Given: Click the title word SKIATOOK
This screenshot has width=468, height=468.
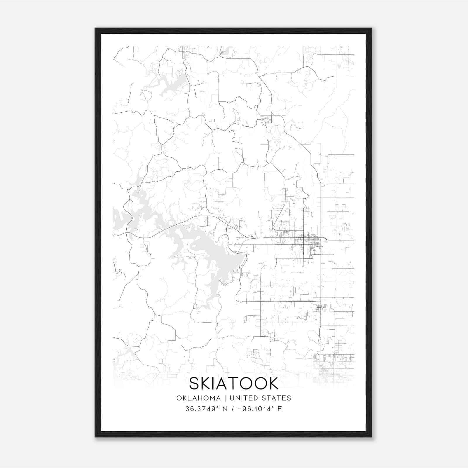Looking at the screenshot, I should [x=234, y=383].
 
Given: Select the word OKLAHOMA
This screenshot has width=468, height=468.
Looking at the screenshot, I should [x=198, y=398].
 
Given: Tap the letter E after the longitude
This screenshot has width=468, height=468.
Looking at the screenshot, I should [x=280, y=409].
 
